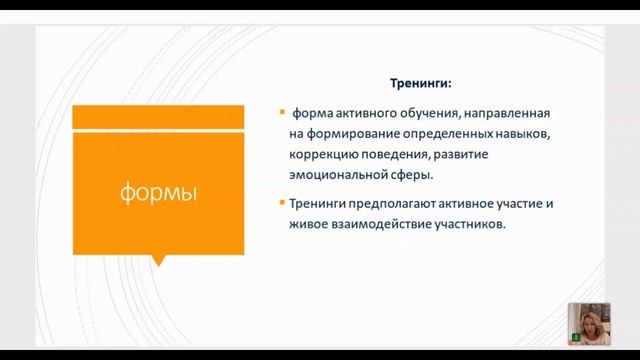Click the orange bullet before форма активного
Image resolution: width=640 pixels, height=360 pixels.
pos(282,113)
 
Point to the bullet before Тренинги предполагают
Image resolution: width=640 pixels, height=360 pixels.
pos(282,203)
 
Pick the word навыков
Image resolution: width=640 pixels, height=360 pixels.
pos(524,134)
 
